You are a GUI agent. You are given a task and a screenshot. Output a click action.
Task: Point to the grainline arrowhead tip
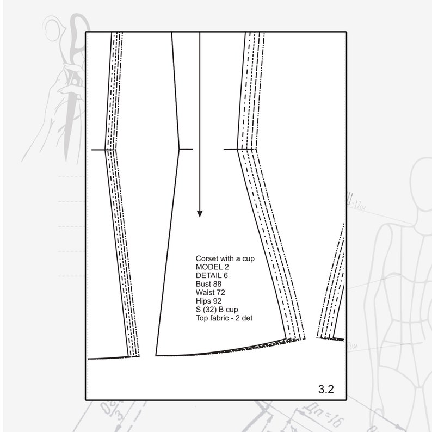tap(200, 216)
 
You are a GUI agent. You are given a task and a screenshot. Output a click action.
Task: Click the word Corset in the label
tap(207, 258)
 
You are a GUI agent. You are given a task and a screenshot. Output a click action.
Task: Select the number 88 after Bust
tap(218, 283)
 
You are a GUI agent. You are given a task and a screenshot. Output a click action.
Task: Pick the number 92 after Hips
tap(217, 300)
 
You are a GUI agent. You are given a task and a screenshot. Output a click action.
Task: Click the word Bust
tap(203, 283)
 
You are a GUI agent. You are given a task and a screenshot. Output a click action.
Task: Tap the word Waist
tap(205, 292)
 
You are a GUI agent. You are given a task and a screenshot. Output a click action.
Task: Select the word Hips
tap(202, 300)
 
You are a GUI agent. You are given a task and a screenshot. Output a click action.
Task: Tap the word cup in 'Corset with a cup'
tap(248, 258)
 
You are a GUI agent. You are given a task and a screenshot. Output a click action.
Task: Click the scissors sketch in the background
tap(68, 82)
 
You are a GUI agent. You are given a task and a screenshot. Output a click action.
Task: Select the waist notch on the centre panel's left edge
tap(186, 149)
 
